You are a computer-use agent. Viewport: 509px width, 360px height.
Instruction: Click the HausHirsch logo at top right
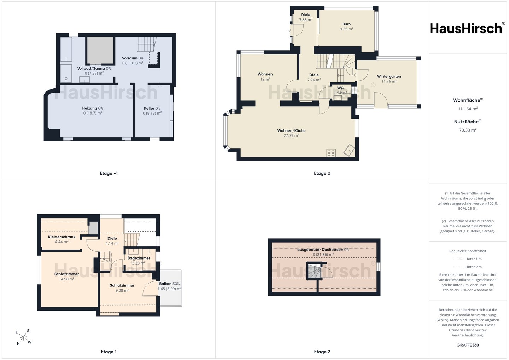[x=467, y=28]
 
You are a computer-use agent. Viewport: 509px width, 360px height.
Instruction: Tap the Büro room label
[x=346, y=24]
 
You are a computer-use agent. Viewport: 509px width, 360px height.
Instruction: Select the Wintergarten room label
[x=389, y=76]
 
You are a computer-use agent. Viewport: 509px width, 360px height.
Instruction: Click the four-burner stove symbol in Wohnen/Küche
[x=331, y=153]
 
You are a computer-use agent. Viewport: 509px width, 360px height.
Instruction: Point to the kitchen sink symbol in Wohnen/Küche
[x=349, y=150]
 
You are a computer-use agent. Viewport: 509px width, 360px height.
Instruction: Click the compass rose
[x=23, y=337]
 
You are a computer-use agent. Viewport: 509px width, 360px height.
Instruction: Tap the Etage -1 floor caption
[x=109, y=173]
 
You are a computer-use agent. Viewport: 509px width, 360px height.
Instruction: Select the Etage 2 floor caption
[x=322, y=352]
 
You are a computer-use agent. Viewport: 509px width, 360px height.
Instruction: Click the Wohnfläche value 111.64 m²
[x=468, y=109]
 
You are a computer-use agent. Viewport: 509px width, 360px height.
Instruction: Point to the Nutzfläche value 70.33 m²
[x=468, y=130]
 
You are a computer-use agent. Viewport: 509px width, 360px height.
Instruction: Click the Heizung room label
[x=89, y=108]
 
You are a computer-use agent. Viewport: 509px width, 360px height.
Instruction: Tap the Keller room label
[x=149, y=108]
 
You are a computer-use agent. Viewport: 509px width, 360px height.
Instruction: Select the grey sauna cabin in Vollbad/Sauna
[x=100, y=50]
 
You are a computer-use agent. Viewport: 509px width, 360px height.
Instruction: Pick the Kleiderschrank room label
[x=62, y=237]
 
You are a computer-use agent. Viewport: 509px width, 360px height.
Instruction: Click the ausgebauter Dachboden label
[x=320, y=250]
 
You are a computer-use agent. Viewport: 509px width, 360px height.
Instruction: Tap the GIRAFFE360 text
[x=468, y=345]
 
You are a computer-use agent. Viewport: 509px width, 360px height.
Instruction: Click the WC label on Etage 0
[x=340, y=88]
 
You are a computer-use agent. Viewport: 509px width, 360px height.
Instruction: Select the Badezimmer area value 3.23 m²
[x=139, y=263]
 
